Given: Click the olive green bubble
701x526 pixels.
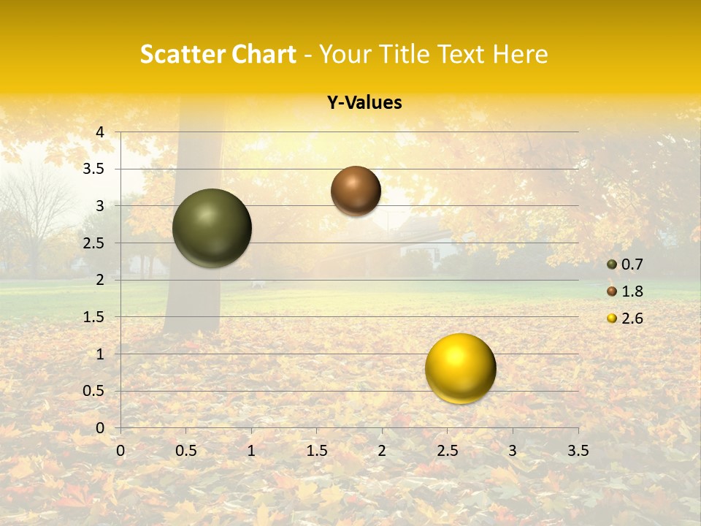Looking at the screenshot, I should click(x=212, y=228).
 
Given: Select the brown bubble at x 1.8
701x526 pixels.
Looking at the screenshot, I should click(x=356, y=191).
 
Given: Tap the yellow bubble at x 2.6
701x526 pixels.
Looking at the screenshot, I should click(x=461, y=368).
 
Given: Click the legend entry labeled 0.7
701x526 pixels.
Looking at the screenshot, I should click(x=625, y=264).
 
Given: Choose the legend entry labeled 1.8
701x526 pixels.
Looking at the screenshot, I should click(x=625, y=291).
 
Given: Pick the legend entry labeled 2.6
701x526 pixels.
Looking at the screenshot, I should click(x=625, y=319).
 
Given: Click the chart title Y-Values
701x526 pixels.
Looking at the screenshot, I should click(x=364, y=103).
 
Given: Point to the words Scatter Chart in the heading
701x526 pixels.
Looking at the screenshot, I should click(x=218, y=54).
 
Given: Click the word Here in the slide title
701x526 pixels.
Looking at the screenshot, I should click(x=520, y=54).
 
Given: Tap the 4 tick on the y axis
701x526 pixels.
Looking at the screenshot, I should click(x=100, y=132).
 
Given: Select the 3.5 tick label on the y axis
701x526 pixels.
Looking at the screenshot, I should click(x=93, y=169).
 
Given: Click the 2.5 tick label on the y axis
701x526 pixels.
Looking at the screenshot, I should click(x=93, y=243).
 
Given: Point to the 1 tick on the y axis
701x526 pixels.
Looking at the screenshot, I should click(x=100, y=354).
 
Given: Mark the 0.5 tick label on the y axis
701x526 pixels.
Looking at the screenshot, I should click(x=93, y=392).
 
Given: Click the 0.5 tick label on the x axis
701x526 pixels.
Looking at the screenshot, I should click(x=185, y=451).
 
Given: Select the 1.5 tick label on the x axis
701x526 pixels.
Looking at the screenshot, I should click(x=317, y=451).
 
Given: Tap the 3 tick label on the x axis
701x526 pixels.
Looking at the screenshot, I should click(x=513, y=451).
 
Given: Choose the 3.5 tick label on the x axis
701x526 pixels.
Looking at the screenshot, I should click(x=578, y=451).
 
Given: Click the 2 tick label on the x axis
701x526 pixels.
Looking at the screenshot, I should click(x=382, y=451).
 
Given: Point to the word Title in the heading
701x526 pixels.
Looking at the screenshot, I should click(x=405, y=54).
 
